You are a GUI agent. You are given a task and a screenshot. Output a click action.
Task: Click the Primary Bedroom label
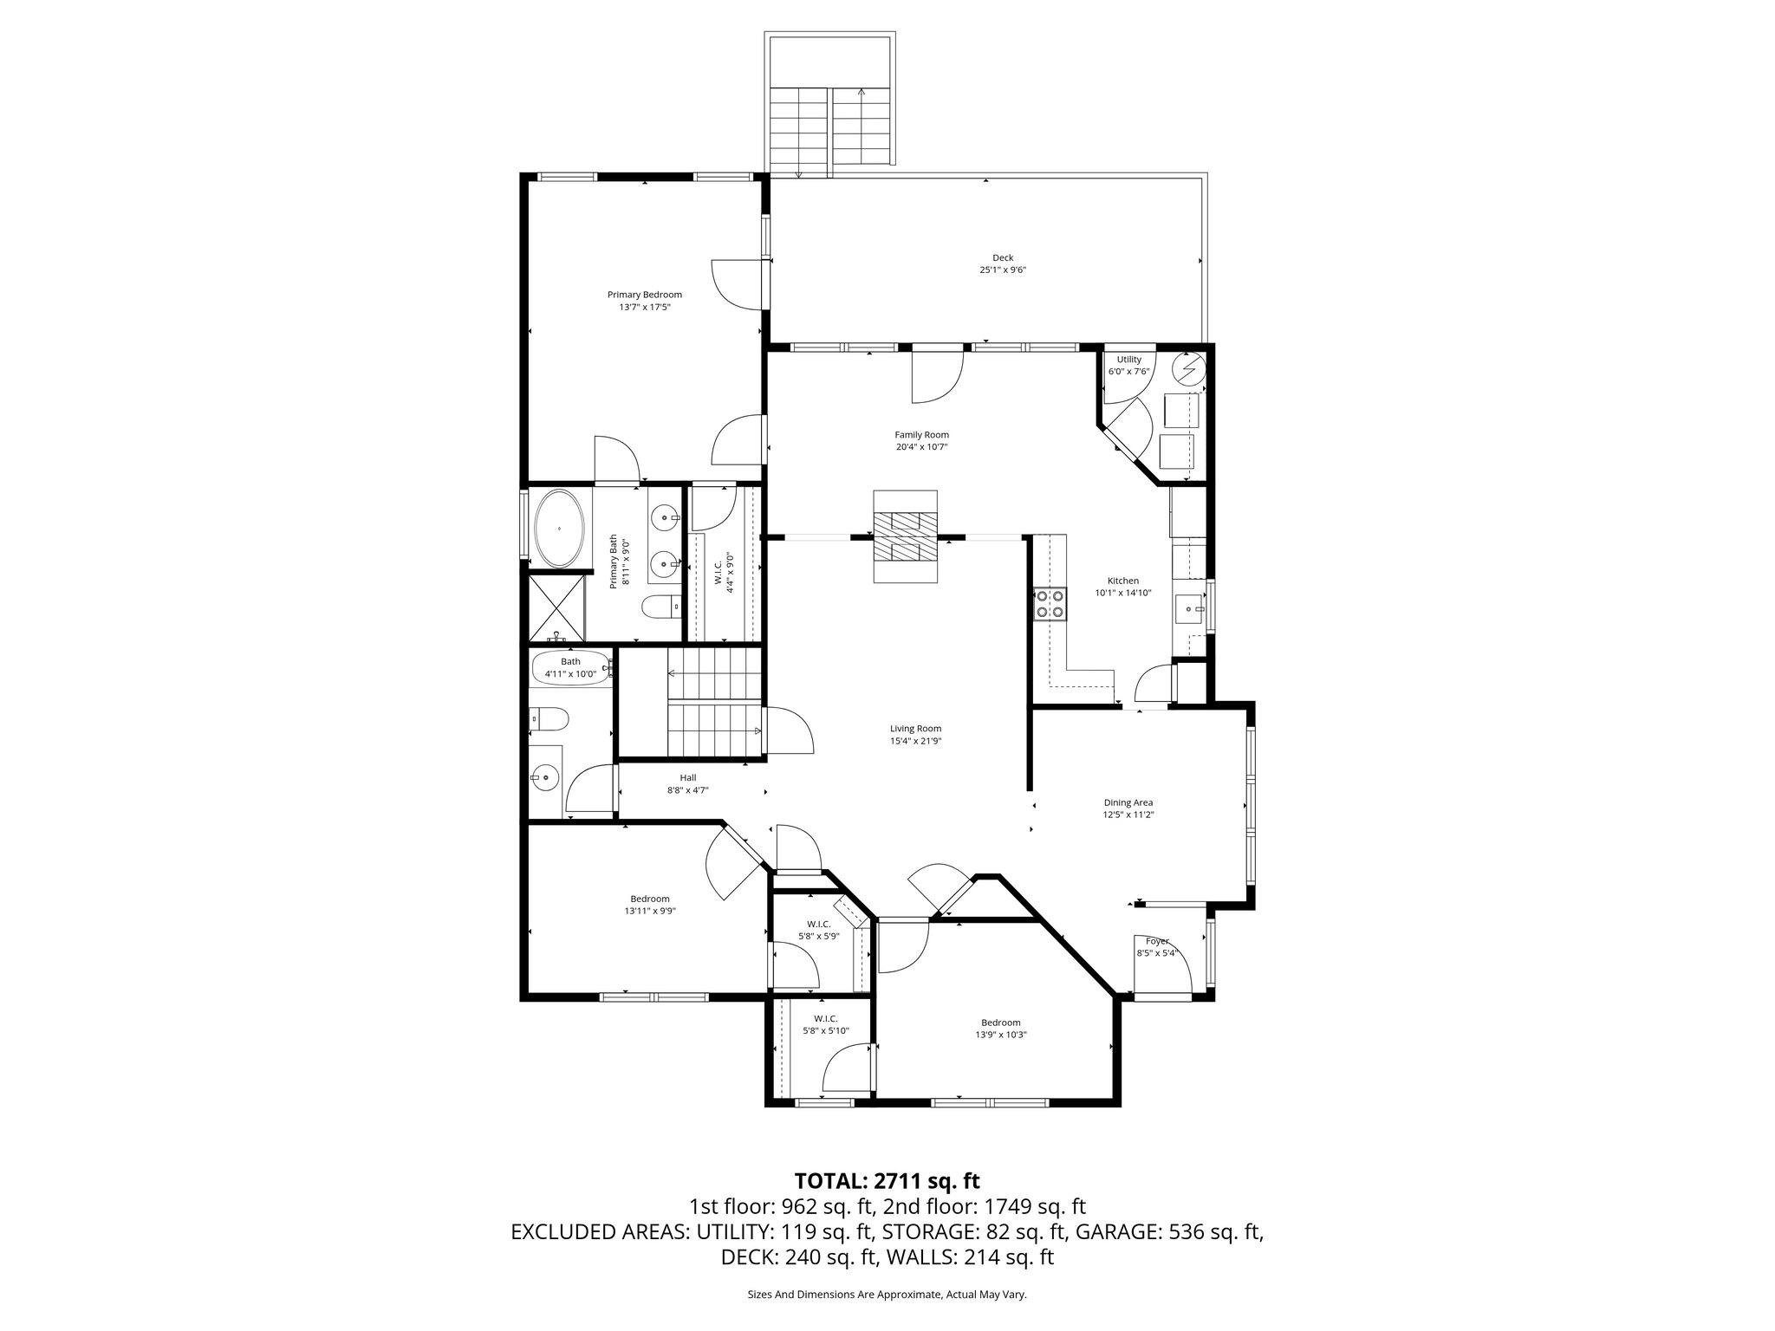click(x=644, y=295)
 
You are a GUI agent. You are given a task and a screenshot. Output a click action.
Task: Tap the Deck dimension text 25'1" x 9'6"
click(x=1003, y=269)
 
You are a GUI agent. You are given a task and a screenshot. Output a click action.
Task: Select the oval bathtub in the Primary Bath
click(x=560, y=529)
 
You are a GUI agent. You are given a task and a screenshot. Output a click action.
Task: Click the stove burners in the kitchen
click(x=1050, y=603)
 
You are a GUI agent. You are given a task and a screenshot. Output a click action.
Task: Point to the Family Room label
click(x=921, y=435)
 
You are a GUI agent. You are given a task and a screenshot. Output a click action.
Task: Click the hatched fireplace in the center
click(x=905, y=548)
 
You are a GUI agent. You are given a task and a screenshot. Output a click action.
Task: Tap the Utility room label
click(x=1128, y=360)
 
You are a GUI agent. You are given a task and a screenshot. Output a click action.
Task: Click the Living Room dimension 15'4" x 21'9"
click(x=915, y=741)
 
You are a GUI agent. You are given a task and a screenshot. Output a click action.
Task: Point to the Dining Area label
click(x=1128, y=802)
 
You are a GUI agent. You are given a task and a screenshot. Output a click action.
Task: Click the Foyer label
click(x=1157, y=941)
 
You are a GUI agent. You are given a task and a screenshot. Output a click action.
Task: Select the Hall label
click(x=688, y=778)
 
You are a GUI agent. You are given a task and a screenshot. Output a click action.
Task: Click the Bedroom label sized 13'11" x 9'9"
click(x=649, y=899)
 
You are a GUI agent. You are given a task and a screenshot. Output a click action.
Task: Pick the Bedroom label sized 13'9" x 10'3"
click(x=1000, y=1023)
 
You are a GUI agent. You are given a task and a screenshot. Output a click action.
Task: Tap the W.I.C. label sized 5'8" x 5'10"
click(x=825, y=1018)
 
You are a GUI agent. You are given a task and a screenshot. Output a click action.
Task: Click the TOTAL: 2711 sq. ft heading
click(x=887, y=1180)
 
